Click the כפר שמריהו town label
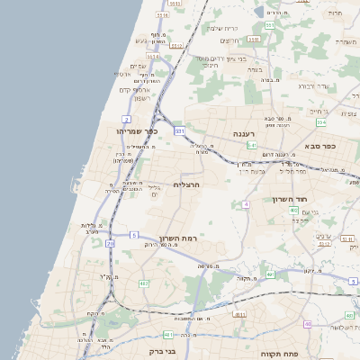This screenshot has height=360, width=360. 137,131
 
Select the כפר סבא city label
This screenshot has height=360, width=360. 319,145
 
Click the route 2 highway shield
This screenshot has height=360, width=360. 126,118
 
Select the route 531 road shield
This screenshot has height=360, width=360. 180,131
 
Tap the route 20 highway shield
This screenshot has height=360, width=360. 110,243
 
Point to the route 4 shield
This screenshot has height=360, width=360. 245,204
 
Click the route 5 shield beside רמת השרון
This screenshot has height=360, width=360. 133,236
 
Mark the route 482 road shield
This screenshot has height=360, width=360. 144,283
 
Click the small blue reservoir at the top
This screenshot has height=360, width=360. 258,12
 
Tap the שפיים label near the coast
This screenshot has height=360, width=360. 138,66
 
